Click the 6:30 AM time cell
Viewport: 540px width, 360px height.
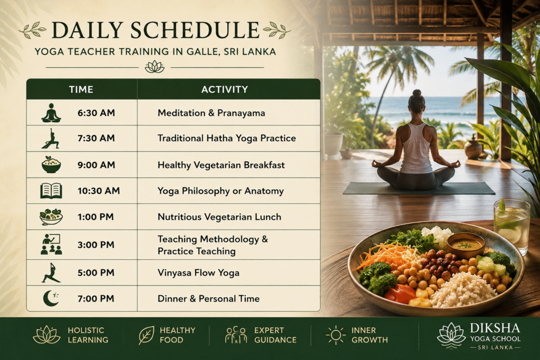(96, 113)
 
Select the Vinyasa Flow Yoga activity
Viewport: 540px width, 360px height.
(198, 273)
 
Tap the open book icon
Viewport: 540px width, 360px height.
(51, 191)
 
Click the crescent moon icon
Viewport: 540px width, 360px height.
(51, 298)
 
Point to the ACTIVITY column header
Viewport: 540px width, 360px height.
(225, 90)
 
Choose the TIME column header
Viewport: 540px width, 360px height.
(81, 90)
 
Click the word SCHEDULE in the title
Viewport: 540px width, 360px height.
(195, 30)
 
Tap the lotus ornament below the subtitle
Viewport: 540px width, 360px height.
(155, 67)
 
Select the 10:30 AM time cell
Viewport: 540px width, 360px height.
(99, 191)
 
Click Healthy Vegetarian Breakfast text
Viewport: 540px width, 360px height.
(221, 165)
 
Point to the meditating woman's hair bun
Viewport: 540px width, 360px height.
(417, 93)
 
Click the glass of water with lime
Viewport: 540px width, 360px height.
(512, 227)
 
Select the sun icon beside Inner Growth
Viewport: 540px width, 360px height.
(335, 335)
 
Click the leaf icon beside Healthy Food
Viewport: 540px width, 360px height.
(147, 335)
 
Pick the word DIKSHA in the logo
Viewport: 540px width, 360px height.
(495, 328)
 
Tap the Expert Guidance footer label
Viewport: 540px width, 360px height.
(275, 335)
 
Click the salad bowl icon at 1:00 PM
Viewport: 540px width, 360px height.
(51, 217)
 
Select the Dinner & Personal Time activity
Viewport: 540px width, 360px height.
(208, 299)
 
